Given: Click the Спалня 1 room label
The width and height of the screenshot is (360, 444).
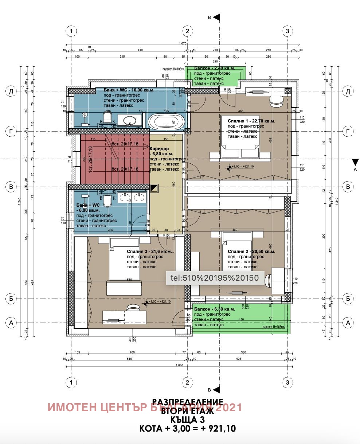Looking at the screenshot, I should tap(251, 121).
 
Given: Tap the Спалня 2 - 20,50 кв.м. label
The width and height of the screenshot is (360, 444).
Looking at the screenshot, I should tap(251, 252).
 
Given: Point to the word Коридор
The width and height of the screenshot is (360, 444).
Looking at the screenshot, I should tap(159, 149).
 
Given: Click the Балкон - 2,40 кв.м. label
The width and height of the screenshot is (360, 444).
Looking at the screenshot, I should tap(214, 68).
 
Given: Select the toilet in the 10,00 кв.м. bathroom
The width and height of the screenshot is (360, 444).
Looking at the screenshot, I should tap(107, 116).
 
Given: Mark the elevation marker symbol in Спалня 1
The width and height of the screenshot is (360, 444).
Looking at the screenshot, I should tap(229, 168).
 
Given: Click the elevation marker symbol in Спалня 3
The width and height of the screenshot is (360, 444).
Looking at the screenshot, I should tap(146, 302).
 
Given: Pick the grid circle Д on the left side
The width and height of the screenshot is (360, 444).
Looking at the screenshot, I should tap(11, 91).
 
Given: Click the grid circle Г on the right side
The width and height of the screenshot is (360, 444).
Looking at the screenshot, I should tap(348, 131).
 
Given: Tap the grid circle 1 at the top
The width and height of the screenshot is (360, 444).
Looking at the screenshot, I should tap(72, 31).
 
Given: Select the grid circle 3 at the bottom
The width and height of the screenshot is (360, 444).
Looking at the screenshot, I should tap(287, 382).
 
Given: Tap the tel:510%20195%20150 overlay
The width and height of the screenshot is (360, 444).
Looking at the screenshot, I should tap(214, 278).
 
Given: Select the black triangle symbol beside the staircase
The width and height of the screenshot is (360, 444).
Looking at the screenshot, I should tap(154, 188).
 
